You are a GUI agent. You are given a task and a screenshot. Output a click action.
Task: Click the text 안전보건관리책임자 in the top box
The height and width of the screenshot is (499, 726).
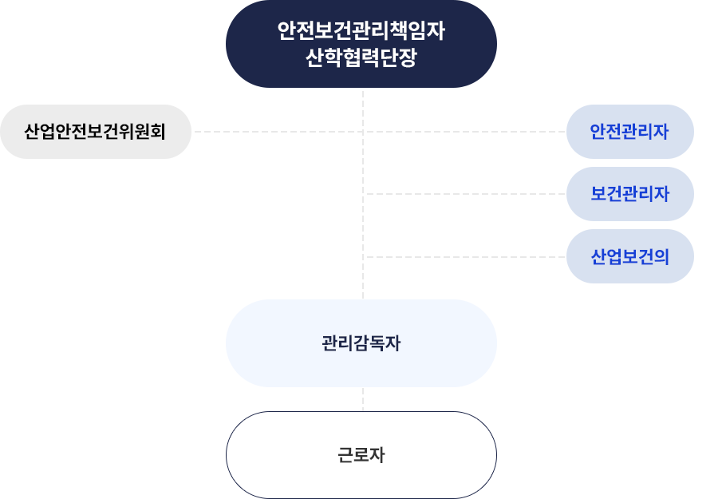click(x=361, y=32)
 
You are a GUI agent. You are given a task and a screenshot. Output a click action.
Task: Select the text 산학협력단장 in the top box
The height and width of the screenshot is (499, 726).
click(x=361, y=58)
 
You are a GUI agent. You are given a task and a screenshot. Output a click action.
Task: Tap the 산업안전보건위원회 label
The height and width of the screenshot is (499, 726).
click(x=95, y=131)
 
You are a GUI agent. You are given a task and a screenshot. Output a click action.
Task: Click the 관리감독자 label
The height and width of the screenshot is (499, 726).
click(x=361, y=343)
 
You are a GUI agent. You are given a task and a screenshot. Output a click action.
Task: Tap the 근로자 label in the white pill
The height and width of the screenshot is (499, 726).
click(x=361, y=456)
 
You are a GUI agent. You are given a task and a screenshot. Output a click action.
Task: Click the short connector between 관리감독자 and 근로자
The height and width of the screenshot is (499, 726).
click(x=363, y=398)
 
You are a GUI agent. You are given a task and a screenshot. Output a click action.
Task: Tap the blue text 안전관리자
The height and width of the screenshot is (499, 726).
click(x=629, y=131)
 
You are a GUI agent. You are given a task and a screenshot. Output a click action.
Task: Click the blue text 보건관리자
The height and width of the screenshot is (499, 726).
click(x=629, y=193)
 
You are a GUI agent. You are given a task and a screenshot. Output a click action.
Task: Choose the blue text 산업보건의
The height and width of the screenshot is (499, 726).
click(x=629, y=256)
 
